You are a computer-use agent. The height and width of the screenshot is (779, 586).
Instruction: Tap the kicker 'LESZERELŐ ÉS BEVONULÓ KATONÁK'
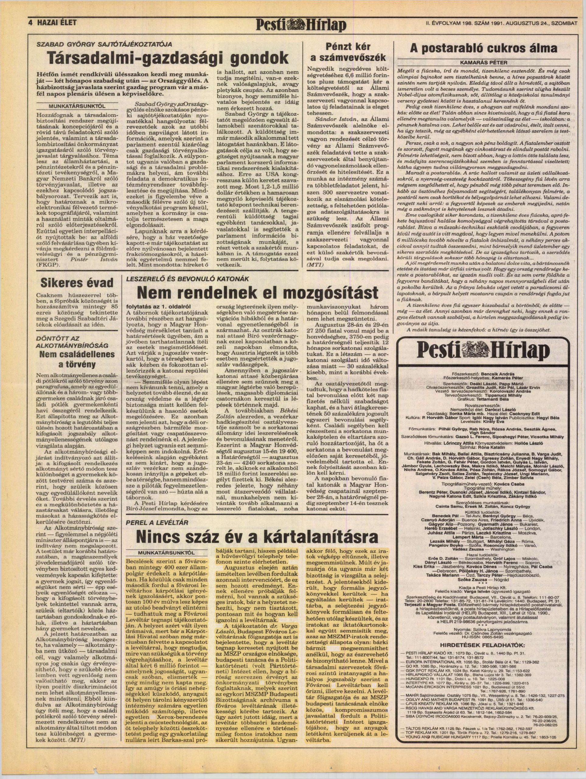(185, 278)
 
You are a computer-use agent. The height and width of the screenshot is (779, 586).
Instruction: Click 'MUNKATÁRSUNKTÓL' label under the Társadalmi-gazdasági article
(78, 105)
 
